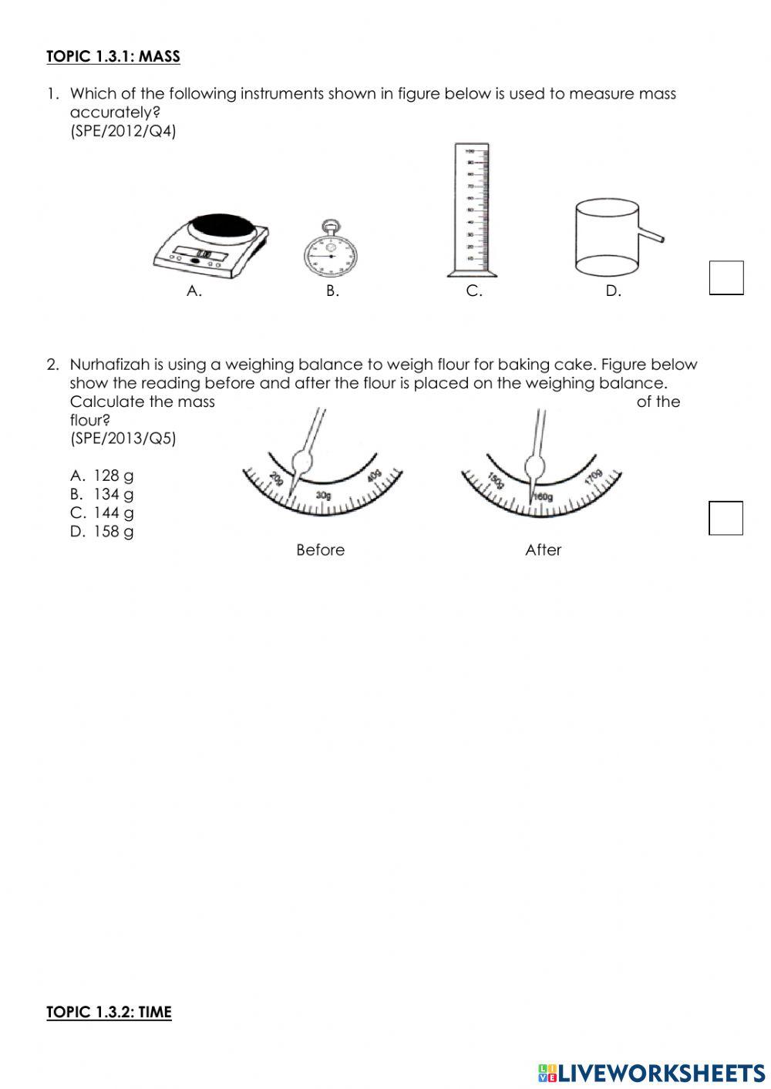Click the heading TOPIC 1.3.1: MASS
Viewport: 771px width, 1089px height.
(x=113, y=56)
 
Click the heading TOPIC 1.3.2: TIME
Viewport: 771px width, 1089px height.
(x=109, y=1012)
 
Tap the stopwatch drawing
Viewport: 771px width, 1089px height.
(x=332, y=251)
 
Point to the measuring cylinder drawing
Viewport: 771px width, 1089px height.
(x=472, y=210)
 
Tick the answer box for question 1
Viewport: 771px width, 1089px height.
(x=726, y=277)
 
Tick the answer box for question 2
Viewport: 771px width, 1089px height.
(x=726, y=518)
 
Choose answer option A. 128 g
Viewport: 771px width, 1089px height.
(x=102, y=476)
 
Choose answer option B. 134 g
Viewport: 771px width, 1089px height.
(x=102, y=494)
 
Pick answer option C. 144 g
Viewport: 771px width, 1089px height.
(x=102, y=513)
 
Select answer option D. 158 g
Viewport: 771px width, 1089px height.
(x=102, y=531)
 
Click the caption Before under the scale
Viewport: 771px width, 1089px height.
(x=320, y=550)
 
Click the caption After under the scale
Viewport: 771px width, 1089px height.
(x=543, y=550)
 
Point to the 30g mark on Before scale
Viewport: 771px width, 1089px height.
(x=323, y=495)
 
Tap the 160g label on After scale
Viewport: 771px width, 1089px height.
(x=543, y=497)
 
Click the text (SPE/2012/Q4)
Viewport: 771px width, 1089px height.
(x=123, y=131)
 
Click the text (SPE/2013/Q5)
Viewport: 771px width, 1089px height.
(x=123, y=439)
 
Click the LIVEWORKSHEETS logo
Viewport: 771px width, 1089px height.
(x=651, y=1073)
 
